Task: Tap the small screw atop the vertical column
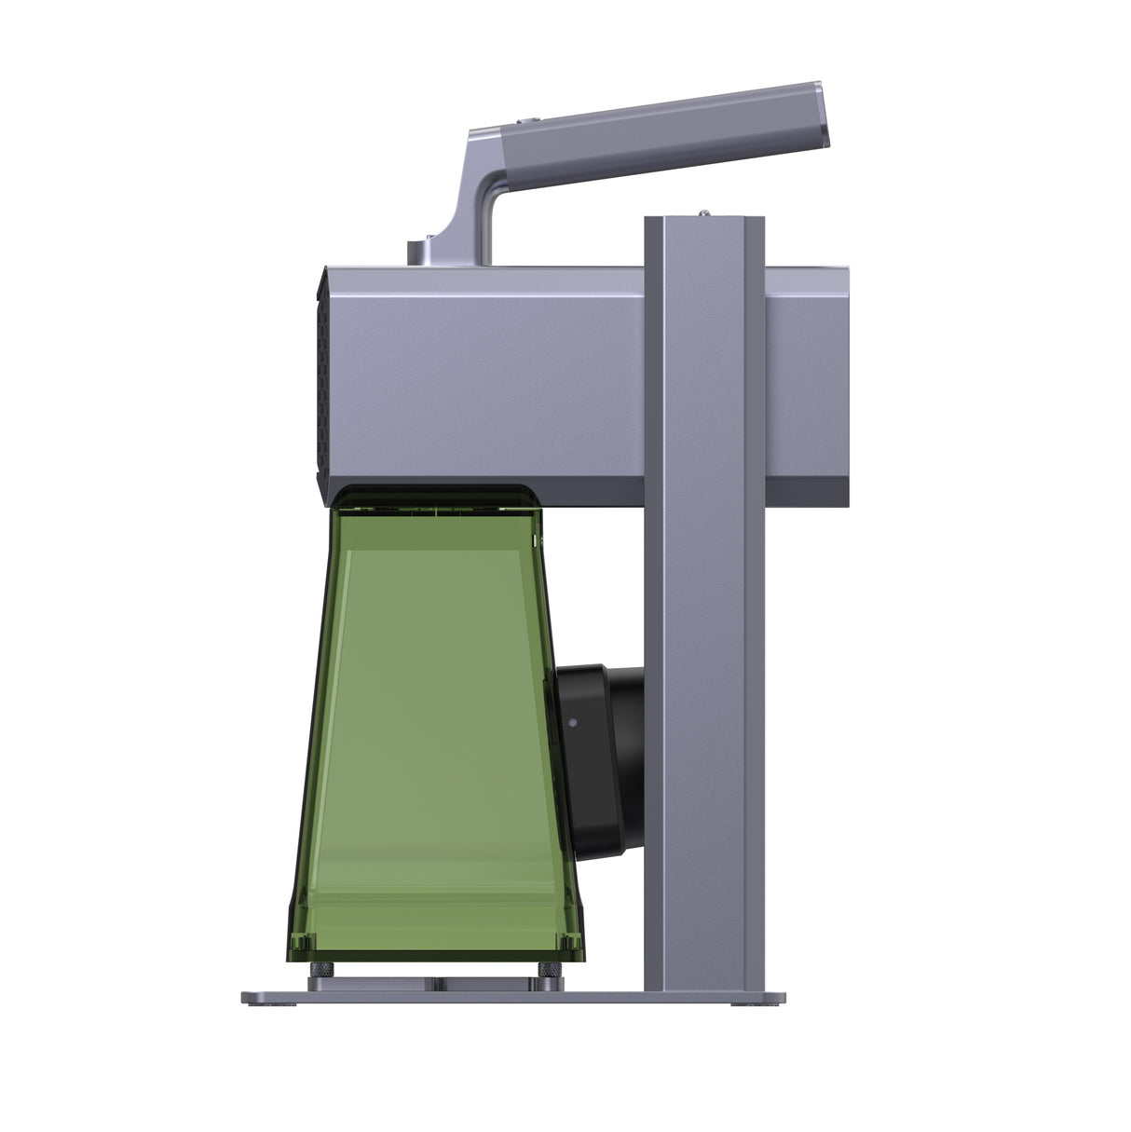(x=705, y=212)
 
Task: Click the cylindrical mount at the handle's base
(x=420, y=252)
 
